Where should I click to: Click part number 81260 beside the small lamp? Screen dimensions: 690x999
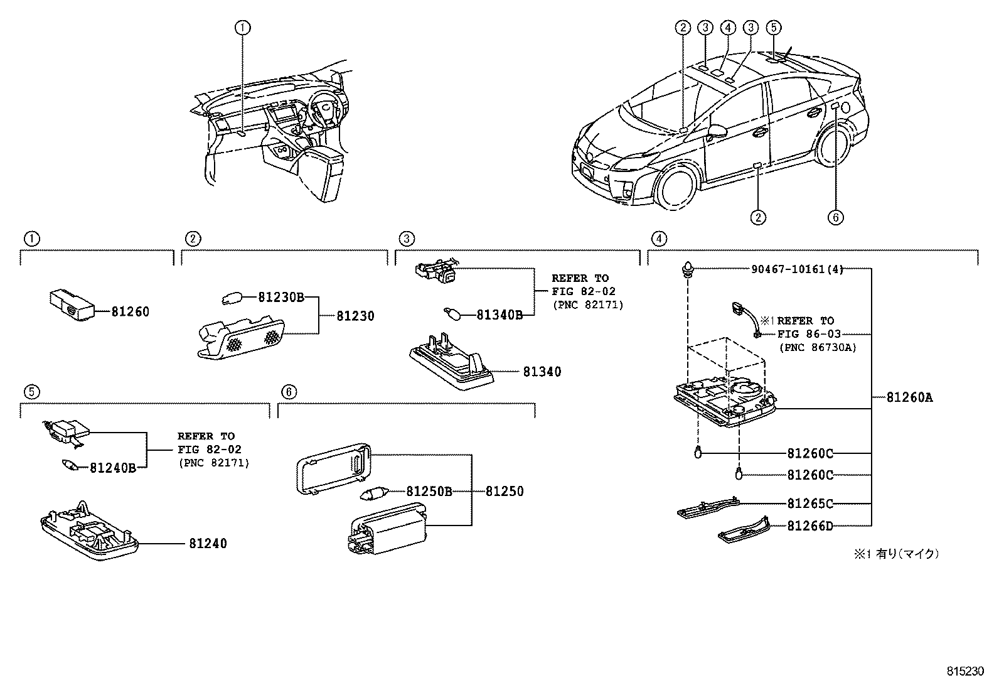pyautogui.click(x=131, y=311)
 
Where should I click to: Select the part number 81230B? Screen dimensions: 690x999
pyautogui.click(x=280, y=298)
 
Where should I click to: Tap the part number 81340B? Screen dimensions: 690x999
pyautogui.click(x=499, y=315)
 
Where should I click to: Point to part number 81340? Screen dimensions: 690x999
pyautogui.click(x=542, y=372)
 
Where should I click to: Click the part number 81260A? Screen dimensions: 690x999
pyautogui.click(x=909, y=397)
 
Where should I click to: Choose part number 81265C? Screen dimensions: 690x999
pyautogui.click(x=810, y=504)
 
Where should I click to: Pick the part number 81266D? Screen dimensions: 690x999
pyautogui.click(x=810, y=526)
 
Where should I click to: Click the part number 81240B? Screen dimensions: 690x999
pyautogui.click(x=113, y=467)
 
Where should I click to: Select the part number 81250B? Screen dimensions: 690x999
pyautogui.click(x=429, y=492)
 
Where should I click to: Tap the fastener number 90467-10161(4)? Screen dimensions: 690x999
pyautogui.click(x=797, y=269)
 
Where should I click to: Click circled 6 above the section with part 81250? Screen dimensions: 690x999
pyautogui.click(x=287, y=392)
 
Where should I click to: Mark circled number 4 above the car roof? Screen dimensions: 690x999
pyautogui.click(x=728, y=27)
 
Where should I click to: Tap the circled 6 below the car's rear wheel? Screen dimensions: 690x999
pyautogui.click(x=835, y=217)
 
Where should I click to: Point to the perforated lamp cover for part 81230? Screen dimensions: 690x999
pyautogui.click(x=242, y=340)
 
